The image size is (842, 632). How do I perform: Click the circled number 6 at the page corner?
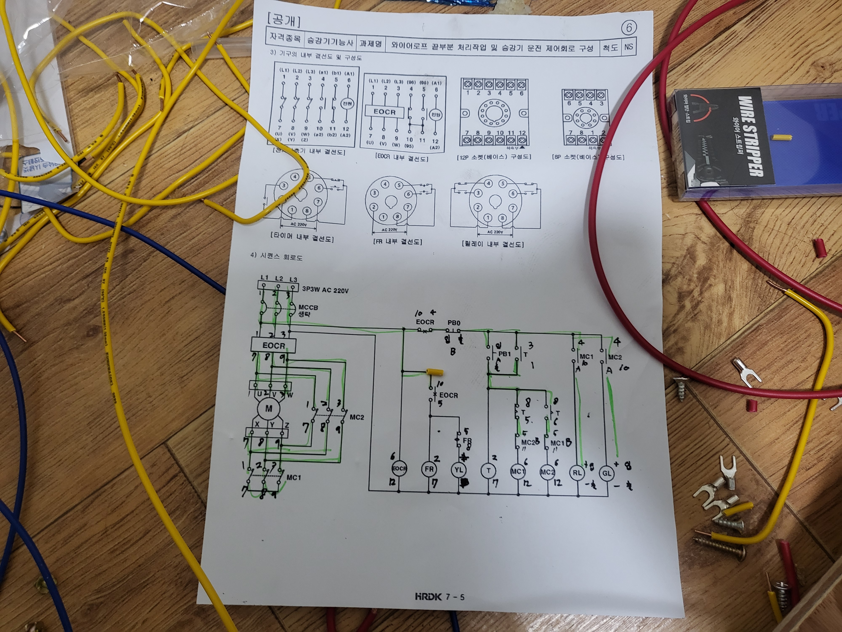coord(629,27)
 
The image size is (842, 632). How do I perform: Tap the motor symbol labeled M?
coord(269,409)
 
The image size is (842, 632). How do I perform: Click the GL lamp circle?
coord(606,473)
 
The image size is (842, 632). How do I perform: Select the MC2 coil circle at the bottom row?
coord(547,472)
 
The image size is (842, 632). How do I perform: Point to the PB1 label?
coord(504,354)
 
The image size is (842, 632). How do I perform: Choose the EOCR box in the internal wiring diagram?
coord(384,112)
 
